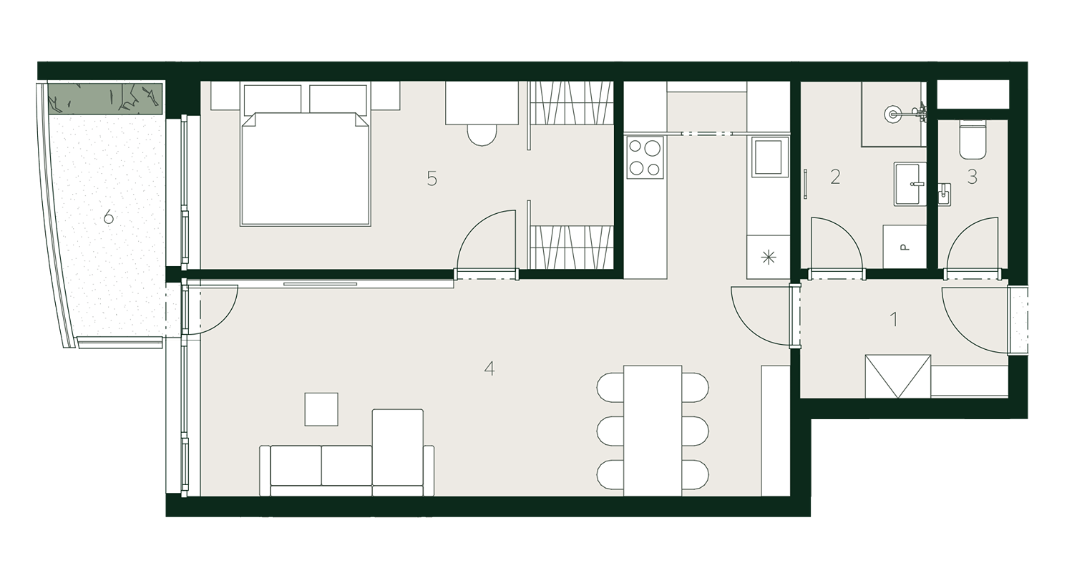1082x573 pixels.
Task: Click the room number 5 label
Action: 432,179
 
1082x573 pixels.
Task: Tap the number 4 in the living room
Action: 489,369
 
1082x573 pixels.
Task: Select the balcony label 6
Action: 109,217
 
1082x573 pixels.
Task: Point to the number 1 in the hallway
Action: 894,319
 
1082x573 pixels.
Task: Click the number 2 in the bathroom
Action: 835,177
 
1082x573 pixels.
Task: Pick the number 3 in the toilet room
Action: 973,177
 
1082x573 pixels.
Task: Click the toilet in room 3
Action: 973,139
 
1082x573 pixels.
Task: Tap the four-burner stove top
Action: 645,157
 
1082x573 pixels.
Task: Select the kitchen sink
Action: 769,157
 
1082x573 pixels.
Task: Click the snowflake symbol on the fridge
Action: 768,258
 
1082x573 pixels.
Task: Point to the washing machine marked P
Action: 905,247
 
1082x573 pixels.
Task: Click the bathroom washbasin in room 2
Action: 910,184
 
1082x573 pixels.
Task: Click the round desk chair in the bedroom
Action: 482,134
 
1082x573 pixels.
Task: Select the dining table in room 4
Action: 653,431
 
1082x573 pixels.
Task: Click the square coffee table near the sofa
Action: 321,409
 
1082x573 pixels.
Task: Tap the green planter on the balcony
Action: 104,99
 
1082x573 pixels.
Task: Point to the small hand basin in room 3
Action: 944,195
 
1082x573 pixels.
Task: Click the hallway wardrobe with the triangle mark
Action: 898,376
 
